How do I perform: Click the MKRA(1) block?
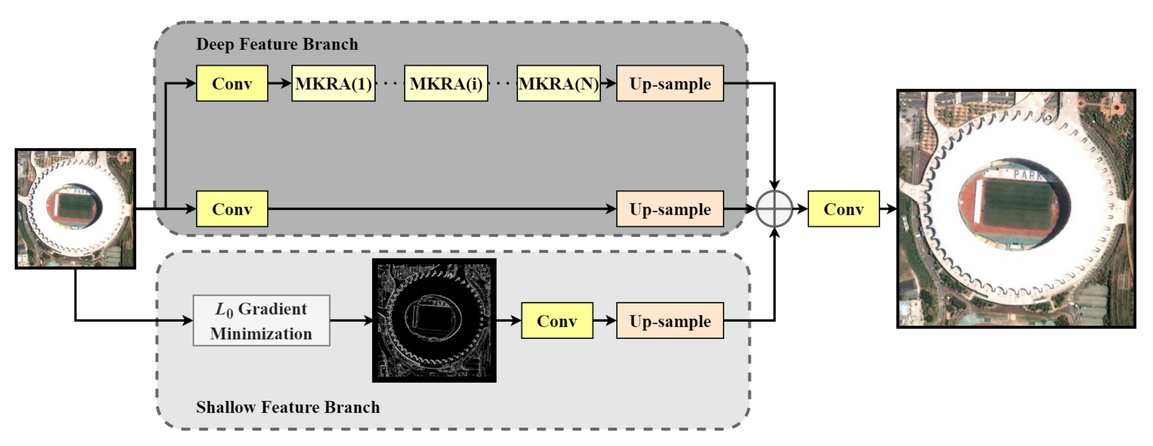tap(334, 84)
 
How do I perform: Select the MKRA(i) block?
tap(446, 84)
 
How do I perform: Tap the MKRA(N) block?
tap(558, 84)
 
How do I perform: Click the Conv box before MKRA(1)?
tap(232, 84)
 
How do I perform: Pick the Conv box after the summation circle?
tap(843, 209)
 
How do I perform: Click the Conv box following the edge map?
tap(557, 321)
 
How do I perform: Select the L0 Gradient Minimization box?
tap(261, 321)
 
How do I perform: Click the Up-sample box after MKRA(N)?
tap(669, 84)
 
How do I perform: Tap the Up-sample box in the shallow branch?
tap(669, 321)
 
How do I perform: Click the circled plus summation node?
tap(775, 209)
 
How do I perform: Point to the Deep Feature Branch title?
tap(277, 44)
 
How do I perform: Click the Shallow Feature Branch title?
tap(288, 407)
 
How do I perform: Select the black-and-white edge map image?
tap(434, 320)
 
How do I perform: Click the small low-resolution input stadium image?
tap(75, 209)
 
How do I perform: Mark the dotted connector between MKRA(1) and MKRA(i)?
tap(390, 84)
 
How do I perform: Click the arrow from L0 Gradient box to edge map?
tap(351, 320)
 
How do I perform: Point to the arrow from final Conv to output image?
tap(888, 209)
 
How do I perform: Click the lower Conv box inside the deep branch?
tap(232, 209)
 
